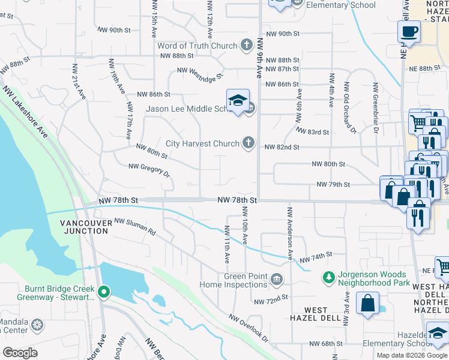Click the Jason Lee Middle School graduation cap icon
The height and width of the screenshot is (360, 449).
238,100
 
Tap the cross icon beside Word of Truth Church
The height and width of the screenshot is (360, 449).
246,45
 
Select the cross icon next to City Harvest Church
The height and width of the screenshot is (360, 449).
249,143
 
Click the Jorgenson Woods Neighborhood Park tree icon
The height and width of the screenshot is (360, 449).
328,277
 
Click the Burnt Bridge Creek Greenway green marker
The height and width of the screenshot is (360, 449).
104,292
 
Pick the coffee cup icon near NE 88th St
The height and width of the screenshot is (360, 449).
409,32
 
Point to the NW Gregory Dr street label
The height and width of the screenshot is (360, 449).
149,170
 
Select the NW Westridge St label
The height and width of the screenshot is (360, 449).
199,73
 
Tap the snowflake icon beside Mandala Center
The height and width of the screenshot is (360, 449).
37,325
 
